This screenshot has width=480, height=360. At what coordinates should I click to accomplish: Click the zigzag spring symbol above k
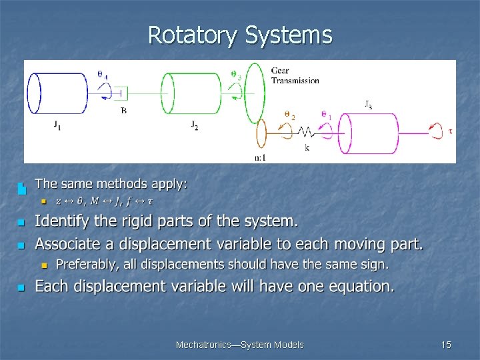point(307,131)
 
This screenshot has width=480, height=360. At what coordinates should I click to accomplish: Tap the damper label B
point(123,111)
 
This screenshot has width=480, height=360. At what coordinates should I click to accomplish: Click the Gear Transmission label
point(295,75)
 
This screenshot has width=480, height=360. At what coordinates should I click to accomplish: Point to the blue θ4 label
point(103,75)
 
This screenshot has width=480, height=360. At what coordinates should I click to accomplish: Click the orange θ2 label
point(289,115)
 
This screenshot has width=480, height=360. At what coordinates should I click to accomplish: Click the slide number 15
point(446,345)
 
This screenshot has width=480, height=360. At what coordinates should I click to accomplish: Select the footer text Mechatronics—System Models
point(239,345)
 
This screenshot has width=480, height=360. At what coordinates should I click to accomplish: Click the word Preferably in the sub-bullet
point(85,265)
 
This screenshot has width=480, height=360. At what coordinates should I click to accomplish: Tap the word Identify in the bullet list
point(61,221)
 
